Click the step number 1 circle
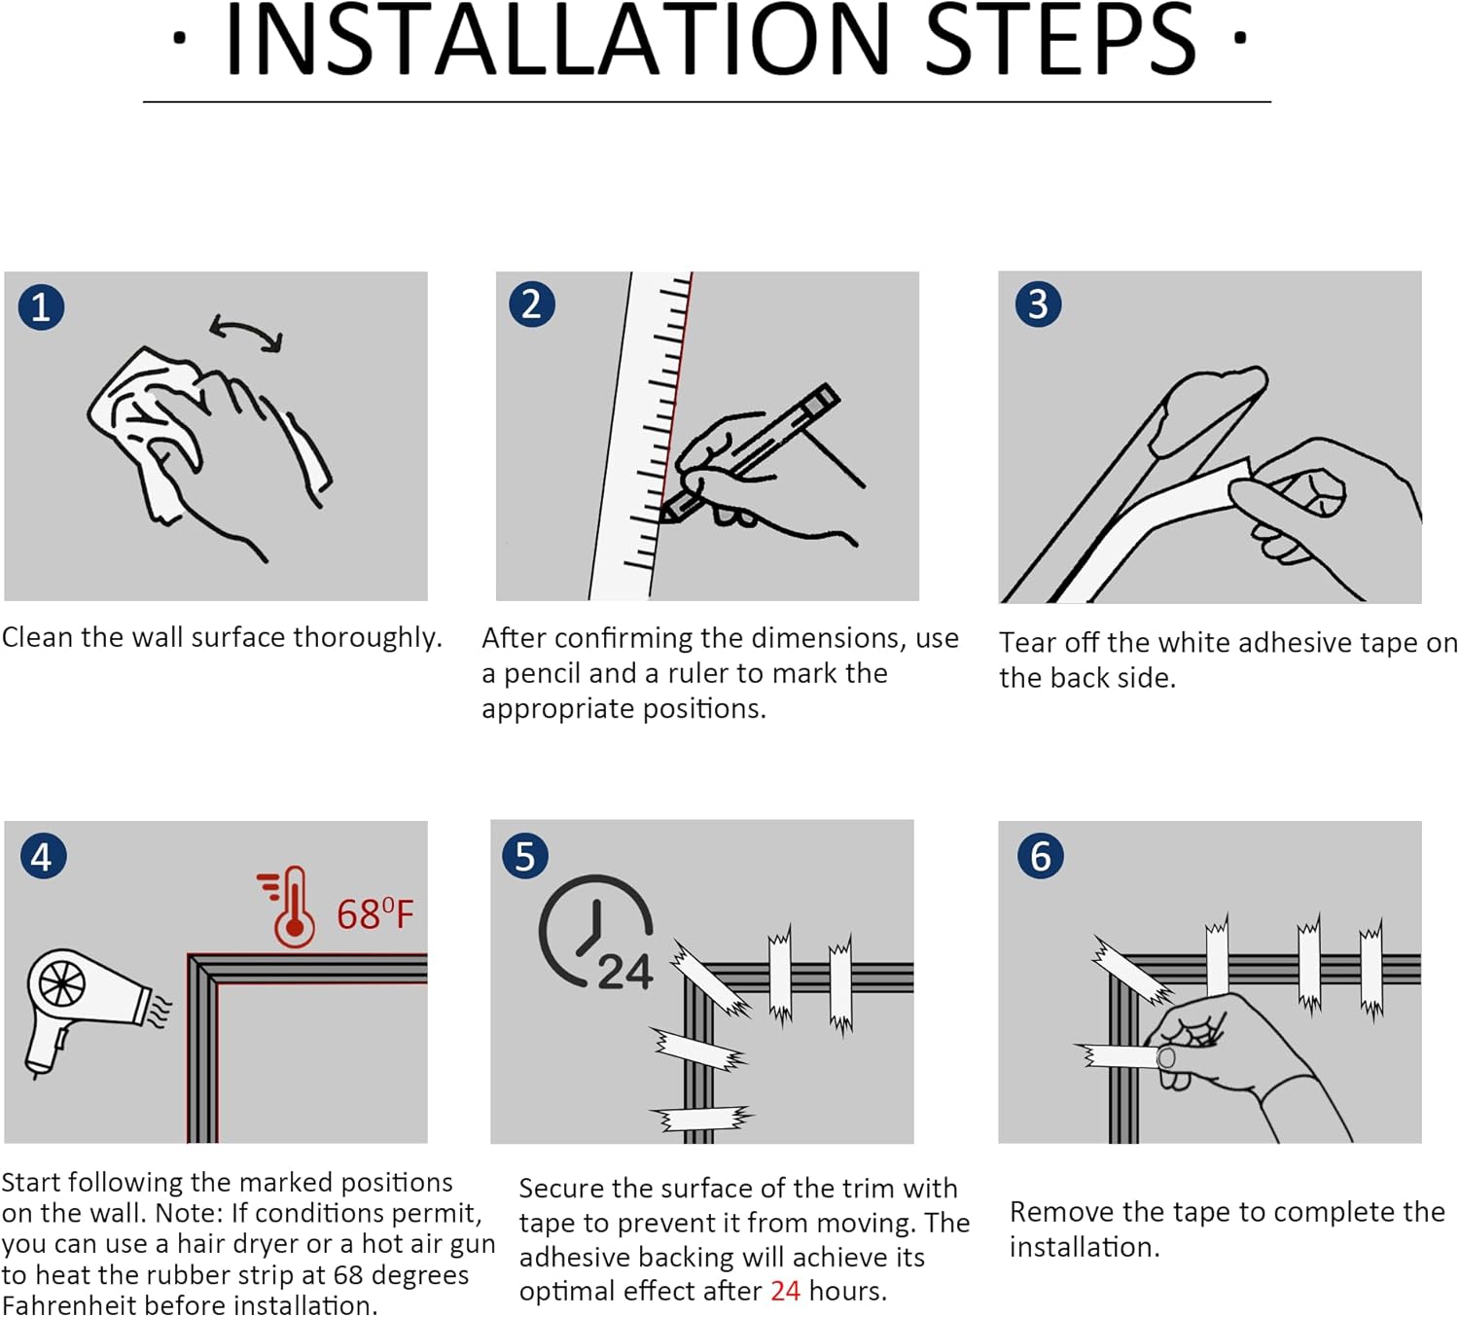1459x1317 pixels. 41,307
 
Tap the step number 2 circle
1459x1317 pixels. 532,304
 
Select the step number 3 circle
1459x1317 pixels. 1038,304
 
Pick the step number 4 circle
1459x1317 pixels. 43,856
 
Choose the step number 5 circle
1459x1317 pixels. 525,856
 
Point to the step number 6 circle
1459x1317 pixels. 1040,856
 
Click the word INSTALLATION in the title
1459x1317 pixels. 558,40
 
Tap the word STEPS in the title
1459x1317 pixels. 1060,40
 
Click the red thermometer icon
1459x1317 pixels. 288,907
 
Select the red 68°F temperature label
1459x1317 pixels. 375,914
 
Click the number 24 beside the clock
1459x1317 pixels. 624,972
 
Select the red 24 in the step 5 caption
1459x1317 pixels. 785,1291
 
